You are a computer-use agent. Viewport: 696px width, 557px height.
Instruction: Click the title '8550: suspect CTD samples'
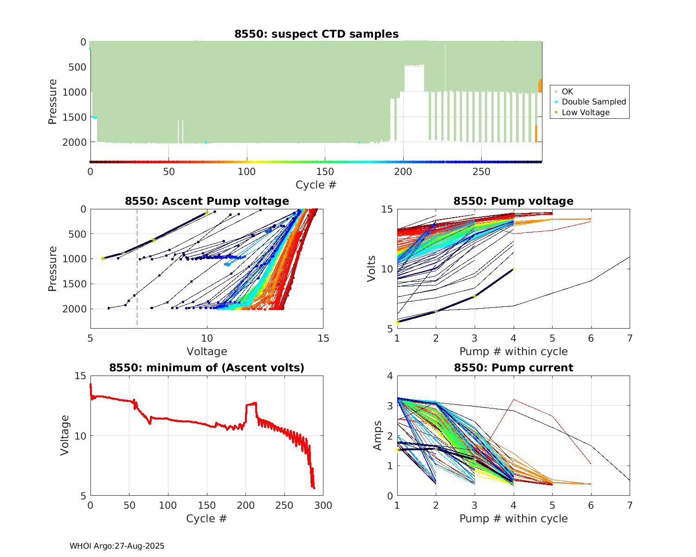[x=316, y=34]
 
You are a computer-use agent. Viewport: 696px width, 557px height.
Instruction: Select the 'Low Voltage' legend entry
[x=586, y=112]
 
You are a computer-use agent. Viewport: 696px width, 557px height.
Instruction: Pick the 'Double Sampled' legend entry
[x=593, y=102]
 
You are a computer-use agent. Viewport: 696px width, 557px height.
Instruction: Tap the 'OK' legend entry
[x=567, y=91]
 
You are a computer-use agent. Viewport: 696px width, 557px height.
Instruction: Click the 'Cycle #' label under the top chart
[x=316, y=185]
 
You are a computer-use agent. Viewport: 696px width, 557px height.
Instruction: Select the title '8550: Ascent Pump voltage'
[x=207, y=201]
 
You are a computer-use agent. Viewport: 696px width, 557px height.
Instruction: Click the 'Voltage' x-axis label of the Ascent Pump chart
[x=207, y=351]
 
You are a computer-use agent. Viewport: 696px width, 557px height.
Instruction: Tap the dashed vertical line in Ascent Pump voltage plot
[x=137, y=278]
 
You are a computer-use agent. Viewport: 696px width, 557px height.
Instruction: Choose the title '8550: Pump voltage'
[x=513, y=201]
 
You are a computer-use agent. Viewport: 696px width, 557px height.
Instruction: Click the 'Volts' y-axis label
[x=371, y=268]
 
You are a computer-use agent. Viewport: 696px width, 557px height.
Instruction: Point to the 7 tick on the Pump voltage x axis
[x=630, y=338]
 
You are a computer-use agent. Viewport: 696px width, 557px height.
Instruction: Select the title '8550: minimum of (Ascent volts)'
[x=207, y=368]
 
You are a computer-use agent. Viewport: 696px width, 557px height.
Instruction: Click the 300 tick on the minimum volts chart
[x=323, y=505]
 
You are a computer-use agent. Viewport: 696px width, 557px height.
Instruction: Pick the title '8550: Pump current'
[x=513, y=368]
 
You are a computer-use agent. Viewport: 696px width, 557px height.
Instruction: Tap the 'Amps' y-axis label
[x=378, y=435]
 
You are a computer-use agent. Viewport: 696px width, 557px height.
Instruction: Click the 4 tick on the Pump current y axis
[x=389, y=376]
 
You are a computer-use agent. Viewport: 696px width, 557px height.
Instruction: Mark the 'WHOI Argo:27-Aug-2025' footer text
[x=117, y=546]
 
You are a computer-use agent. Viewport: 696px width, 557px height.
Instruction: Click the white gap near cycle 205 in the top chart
[x=414, y=116]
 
